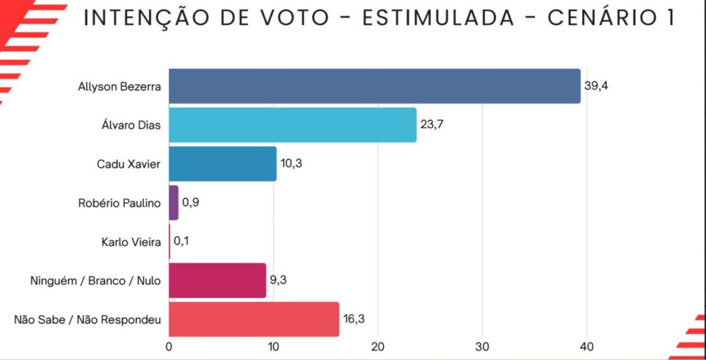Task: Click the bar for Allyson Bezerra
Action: point(374,86)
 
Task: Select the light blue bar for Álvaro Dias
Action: point(292,125)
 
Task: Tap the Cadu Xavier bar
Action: point(223,164)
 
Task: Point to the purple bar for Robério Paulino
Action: point(174,203)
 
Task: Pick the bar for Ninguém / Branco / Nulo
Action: point(217,280)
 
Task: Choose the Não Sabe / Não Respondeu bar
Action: point(254,319)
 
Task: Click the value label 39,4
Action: point(596,86)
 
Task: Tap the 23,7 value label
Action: point(432,125)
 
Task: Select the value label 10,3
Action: point(292,164)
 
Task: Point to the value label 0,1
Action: point(182,241)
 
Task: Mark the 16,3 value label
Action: point(354,319)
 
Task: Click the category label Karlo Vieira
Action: point(130,242)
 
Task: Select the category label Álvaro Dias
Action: point(130,126)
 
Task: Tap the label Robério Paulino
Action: point(120,203)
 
